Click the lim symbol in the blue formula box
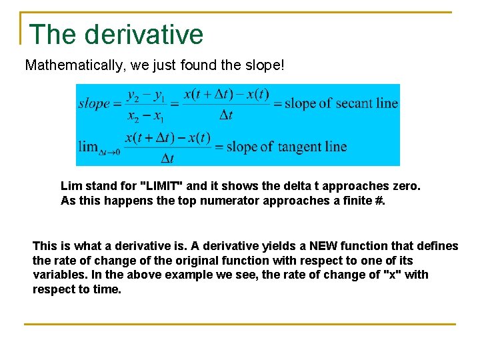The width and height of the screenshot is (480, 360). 89,147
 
